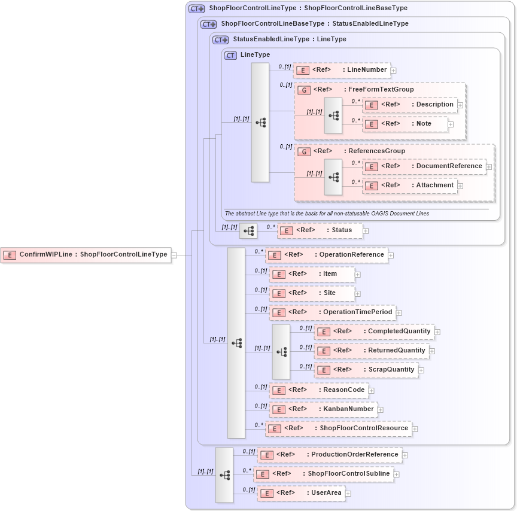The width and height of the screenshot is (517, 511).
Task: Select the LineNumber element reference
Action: point(342,70)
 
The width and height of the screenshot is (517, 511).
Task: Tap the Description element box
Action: point(410,105)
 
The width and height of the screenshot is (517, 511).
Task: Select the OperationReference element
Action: point(327,255)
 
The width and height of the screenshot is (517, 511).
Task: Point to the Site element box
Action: point(312,293)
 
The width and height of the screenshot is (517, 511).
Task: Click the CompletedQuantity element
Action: point(374,331)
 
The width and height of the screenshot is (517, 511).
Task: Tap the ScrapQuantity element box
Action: point(366,370)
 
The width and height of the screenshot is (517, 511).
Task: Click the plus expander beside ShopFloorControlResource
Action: point(415,428)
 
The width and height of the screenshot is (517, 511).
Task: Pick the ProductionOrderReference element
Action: point(329,455)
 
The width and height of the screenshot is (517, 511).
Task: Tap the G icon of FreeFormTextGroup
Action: point(304,90)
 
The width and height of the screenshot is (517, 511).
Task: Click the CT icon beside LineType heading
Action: point(230,55)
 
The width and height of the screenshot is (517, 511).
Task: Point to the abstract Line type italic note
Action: point(327,214)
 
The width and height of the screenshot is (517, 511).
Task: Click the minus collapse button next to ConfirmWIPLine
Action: point(174,255)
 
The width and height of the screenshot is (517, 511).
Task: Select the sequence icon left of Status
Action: point(248,230)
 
